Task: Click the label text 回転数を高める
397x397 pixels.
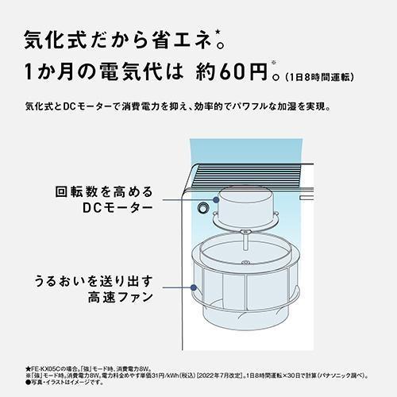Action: [x=104, y=192]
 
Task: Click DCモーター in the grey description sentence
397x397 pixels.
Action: [x=87, y=106]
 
